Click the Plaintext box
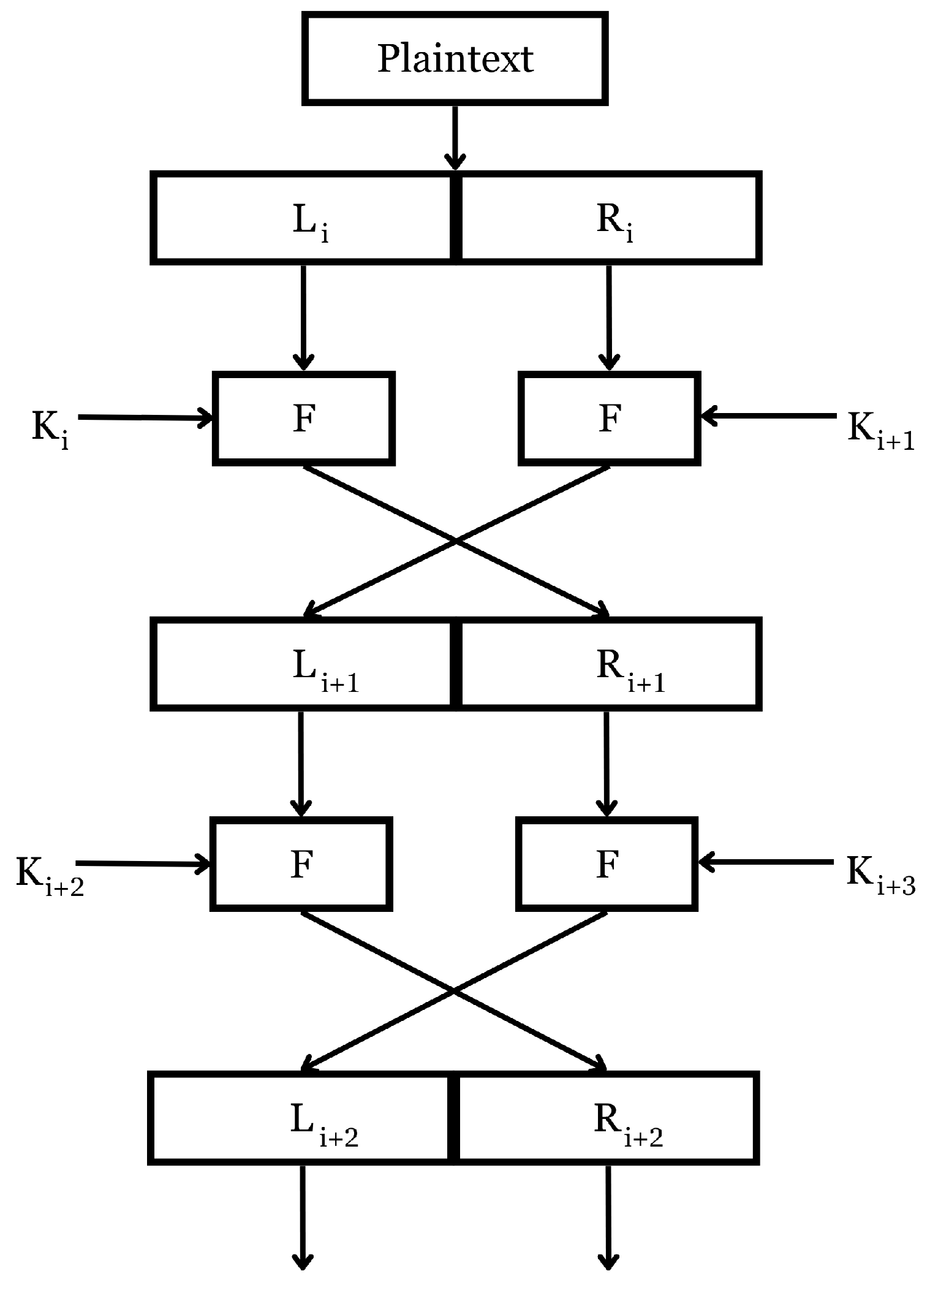coord(455,59)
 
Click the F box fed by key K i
coord(304,419)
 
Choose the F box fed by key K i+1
coord(609,419)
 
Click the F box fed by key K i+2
coord(301,864)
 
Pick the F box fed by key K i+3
coord(607,864)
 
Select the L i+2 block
coord(301,1118)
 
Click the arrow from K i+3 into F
coord(766,863)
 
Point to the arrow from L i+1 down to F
coord(301,763)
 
